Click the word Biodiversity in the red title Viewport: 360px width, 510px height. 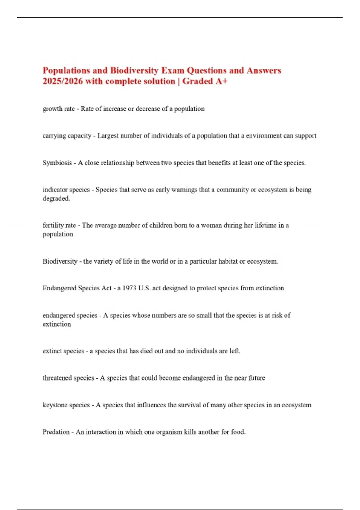click(x=134, y=70)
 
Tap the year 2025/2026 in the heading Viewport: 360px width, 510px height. click(x=62, y=81)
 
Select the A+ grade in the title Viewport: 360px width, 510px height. click(x=221, y=81)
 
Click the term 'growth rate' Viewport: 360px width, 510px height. click(x=58, y=109)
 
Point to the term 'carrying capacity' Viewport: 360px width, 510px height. click(x=67, y=136)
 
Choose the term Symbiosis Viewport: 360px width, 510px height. click(x=57, y=163)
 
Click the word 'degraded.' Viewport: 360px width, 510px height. click(x=56, y=199)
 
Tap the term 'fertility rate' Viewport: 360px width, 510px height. click(x=59, y=226)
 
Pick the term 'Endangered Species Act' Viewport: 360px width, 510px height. click(x=77, y=288)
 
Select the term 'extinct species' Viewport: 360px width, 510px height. click(x=63, y=351)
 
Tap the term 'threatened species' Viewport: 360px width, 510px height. click(x=68, y=378)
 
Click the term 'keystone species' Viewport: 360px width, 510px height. click(x=66, y=405)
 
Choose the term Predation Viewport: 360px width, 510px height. click(x=56, y=432)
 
